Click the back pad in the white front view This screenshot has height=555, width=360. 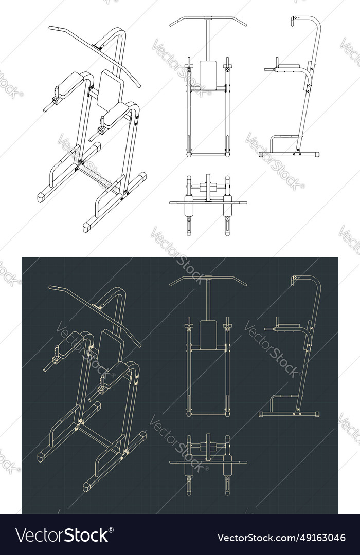point(208,74)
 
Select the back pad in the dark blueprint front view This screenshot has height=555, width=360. point(208,335)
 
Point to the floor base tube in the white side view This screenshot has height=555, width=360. point(290,154)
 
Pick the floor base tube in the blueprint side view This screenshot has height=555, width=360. point(290,414)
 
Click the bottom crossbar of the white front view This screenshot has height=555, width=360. point(208,154)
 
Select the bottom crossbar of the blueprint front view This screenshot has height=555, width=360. point(208,414)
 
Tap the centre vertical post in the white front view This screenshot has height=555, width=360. point(208,41)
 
